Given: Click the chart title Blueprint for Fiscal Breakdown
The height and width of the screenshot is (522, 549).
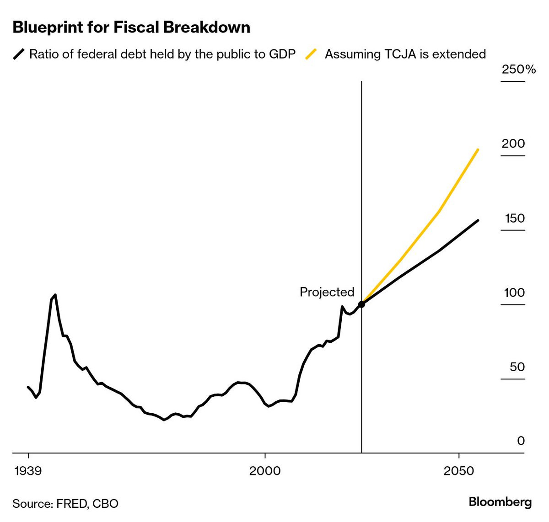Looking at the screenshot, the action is pyautogui.click(x=131, y=27).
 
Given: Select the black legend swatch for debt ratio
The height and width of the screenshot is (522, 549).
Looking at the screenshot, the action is pyautogui.click(x=19, y=54).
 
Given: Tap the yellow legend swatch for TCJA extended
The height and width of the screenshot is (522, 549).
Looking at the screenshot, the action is pyautogui.click(x=311, y=54).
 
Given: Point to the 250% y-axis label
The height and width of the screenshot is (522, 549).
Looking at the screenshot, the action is pyautogui.click(x=518, y=69).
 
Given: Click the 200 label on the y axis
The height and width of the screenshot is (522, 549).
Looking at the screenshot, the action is pyautogui.click(x=513, y=144).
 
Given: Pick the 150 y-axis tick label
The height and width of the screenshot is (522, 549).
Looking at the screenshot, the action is pyautogui.click(x=515, y=218).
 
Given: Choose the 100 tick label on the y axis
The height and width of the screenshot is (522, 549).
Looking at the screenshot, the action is pyautogui.click(x=514, y=293).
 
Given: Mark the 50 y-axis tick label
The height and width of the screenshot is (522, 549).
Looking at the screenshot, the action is pyautogui.click(x=517, y=367).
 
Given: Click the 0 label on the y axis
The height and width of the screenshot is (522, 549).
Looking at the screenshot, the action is pyautogui.click(x=521, y=441).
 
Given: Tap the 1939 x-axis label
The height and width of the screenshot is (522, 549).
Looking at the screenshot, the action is pyautogui.click(x=28, y=471).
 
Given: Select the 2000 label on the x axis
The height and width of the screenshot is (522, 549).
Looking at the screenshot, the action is pyautogui.click(x=265, y=471).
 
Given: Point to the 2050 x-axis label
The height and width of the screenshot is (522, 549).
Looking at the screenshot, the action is pyautogui.click(x=459, y=471).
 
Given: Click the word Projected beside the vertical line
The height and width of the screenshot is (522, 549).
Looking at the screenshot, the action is pyautogui.click(x=327, y=292).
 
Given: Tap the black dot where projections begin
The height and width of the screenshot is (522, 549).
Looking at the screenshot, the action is pyautogui.click(x=361, y=304).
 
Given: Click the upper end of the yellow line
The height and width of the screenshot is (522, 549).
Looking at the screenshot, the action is pyautogui.click(x=478, y=149).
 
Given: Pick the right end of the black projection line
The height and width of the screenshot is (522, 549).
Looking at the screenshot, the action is pyautogui.click(x=478, y=220).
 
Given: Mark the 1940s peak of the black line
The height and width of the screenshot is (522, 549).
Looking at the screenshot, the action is pyautogui.click(x=55, y=295).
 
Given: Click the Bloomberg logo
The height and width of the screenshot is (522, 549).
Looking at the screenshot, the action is pyautogui.click(x=500, y=502).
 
